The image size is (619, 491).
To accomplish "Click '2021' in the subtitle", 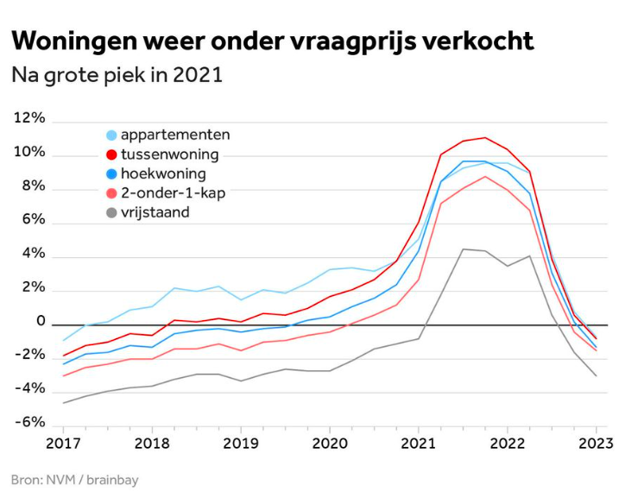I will pos(198,75).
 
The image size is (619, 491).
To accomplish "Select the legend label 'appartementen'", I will pos(175,135).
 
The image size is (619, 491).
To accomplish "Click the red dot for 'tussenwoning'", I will pos(111,154).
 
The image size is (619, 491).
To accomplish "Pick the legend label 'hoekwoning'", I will pos(163,173).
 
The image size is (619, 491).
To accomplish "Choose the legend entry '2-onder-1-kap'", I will pos(173,192).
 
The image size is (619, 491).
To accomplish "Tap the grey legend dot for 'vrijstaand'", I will pos(111,211).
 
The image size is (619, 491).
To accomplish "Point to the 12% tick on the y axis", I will pos(29,118).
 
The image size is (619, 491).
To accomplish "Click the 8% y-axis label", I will pos(33,186).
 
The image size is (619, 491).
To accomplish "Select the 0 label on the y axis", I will pos(40,321).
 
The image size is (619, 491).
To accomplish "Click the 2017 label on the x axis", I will pos(63,444).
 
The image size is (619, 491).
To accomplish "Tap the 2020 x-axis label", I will pos(329,444).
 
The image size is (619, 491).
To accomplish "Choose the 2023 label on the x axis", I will pos(595,444).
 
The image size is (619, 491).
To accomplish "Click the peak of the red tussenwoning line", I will pos(484,137).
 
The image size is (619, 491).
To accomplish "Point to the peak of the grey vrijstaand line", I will pos(463,249).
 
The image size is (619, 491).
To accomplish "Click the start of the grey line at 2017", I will pos(63,403).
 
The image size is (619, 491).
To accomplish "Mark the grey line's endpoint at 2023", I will pos(596,376).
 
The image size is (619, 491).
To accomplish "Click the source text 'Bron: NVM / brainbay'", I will pos(74,479).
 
